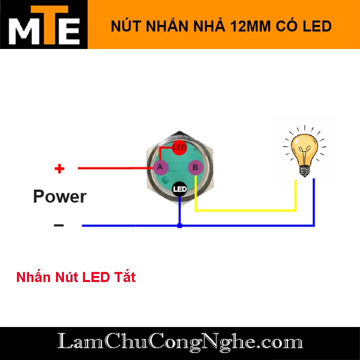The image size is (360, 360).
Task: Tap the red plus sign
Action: click(59, 168)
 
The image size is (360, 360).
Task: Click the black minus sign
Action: click(59, 225)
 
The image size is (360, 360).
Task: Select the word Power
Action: click(59, 196)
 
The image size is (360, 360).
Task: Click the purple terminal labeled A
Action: click(160, 167)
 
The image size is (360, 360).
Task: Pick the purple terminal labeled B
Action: click(195, 167)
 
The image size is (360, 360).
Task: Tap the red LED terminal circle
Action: click(179, 147)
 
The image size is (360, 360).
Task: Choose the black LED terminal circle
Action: click(179, 189)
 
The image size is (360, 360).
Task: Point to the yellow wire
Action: click(245, 210)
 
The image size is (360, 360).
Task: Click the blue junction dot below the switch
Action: click(179, 226)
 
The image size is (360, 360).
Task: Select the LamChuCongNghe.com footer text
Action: click(180, 342)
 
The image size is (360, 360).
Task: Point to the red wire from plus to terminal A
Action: click(115, 168)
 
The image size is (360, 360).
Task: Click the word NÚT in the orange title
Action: click(123, 26)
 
